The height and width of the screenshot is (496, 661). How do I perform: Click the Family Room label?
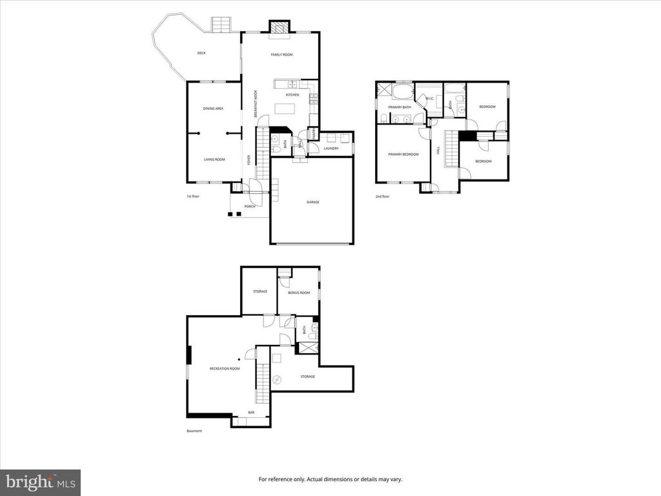point(281,55)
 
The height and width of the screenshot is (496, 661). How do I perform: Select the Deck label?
point(201,53)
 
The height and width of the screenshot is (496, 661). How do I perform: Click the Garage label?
point(312,202)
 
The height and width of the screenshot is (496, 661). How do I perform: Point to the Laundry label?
point(331,149)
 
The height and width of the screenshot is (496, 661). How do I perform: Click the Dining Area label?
point(213,109)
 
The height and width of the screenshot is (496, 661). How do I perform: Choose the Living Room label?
point(214,160)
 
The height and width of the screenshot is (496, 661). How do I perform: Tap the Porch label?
point(249,207)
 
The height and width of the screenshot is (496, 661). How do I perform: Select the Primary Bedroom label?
point(403,154)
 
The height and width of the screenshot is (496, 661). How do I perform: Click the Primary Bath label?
point(400,107)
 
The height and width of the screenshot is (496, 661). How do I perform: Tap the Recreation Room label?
point(225,369)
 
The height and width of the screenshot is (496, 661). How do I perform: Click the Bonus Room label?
point(299,293)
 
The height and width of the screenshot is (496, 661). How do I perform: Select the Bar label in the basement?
point(251,413)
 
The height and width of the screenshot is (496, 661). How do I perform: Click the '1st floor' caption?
point(193,196)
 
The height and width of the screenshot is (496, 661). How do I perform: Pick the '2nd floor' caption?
point(382,196)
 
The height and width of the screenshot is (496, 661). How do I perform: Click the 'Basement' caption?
point(194,431)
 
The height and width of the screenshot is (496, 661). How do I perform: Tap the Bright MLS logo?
point(40,482)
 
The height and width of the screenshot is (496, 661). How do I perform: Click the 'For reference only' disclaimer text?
point(330,479)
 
